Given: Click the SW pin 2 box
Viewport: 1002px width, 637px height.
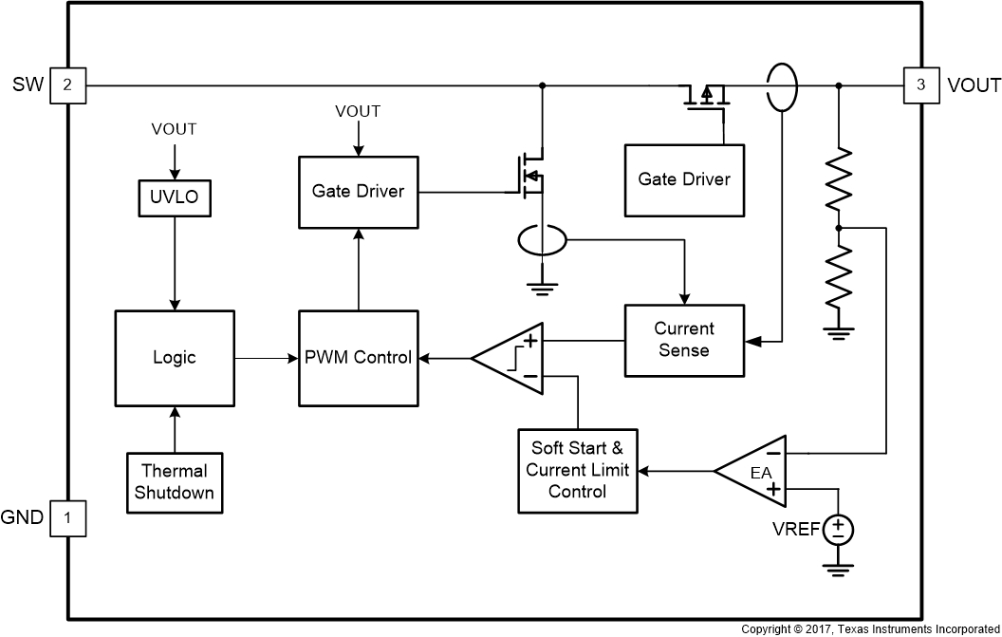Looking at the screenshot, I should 67,85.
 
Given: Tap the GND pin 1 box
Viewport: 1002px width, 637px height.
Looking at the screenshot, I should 67,518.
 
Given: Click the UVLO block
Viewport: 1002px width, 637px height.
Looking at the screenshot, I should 174,198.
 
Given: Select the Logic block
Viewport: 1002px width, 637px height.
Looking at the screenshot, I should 174,357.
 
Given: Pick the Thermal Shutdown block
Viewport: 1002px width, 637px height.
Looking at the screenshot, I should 174,481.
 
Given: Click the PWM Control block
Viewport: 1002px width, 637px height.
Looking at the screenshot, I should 358,357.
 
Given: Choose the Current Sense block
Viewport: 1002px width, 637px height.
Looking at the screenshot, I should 683,339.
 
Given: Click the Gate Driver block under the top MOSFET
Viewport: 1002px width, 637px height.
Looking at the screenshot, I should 683,178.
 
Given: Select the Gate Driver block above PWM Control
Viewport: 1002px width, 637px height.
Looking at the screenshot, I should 358,191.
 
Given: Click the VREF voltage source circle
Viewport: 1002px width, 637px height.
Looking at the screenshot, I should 838,529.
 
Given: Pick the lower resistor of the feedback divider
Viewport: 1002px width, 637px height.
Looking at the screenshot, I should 838,275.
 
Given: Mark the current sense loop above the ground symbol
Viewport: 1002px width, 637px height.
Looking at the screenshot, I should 542,241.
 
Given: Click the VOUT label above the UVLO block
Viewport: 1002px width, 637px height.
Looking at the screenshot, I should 174,129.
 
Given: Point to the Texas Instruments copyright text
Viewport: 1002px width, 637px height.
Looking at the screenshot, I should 869,629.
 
